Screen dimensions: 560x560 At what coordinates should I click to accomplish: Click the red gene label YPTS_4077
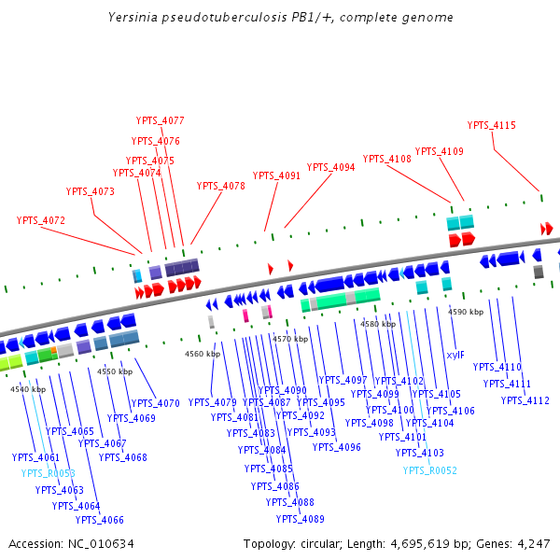(x=161, y=121)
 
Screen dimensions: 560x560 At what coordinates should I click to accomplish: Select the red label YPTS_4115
(x=492, y=126)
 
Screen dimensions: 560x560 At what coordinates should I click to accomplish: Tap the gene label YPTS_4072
(x=41, y=221)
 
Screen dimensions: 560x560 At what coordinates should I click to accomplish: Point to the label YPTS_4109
(x=440, y=151)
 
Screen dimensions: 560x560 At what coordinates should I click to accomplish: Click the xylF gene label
(x=455, y=355)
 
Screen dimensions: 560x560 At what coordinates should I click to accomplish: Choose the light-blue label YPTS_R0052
(x=430, y=470)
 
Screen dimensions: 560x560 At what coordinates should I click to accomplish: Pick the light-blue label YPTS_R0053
(x=49, y=474)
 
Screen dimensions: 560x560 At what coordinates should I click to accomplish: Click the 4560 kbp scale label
(x=203, y=355)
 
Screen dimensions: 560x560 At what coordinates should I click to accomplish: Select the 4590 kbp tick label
(x=466, y=312)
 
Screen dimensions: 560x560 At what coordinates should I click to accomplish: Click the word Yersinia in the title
(x=133, y=17)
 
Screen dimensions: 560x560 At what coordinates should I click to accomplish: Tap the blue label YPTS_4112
(x=525, y=400)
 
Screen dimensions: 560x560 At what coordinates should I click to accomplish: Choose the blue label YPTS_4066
(x=100, y=521)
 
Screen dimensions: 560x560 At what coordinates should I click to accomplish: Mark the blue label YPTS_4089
(x=301, y=519)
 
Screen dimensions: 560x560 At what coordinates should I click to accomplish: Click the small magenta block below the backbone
(x=245, y=316)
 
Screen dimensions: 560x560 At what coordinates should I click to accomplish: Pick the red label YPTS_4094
(x=331, y=168)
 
